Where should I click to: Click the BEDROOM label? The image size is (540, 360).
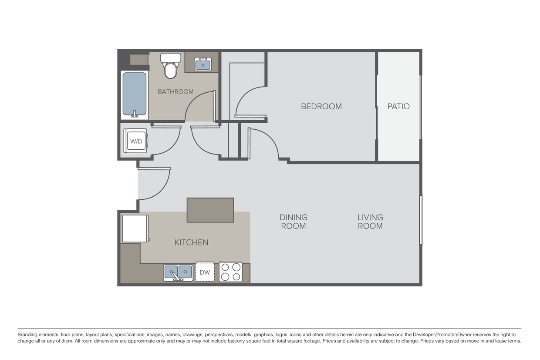[321, 106]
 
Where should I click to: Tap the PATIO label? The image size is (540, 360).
[398, 106]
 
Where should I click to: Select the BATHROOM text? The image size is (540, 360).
[175, 92]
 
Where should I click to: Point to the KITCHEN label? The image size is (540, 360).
[191, 242]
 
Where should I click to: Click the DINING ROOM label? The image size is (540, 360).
[294, 222]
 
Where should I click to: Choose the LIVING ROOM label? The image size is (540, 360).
[370, 222]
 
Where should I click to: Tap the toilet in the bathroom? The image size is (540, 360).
[170, 66]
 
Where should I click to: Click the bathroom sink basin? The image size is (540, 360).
[202, 64]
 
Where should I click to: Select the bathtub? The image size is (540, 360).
[134, 94]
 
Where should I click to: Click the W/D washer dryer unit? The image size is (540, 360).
[136, 141]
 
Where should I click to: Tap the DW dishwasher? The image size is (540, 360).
[205, 273]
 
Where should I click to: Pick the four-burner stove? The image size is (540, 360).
[231, 272]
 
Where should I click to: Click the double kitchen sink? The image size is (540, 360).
[178, 273]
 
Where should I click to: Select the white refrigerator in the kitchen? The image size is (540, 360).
[135, 228]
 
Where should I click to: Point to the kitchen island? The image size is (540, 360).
[210, 210]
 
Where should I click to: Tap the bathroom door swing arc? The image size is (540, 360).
[199, 107]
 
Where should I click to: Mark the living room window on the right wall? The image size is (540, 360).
[421, 220]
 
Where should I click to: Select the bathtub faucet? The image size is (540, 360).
[135, 114]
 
